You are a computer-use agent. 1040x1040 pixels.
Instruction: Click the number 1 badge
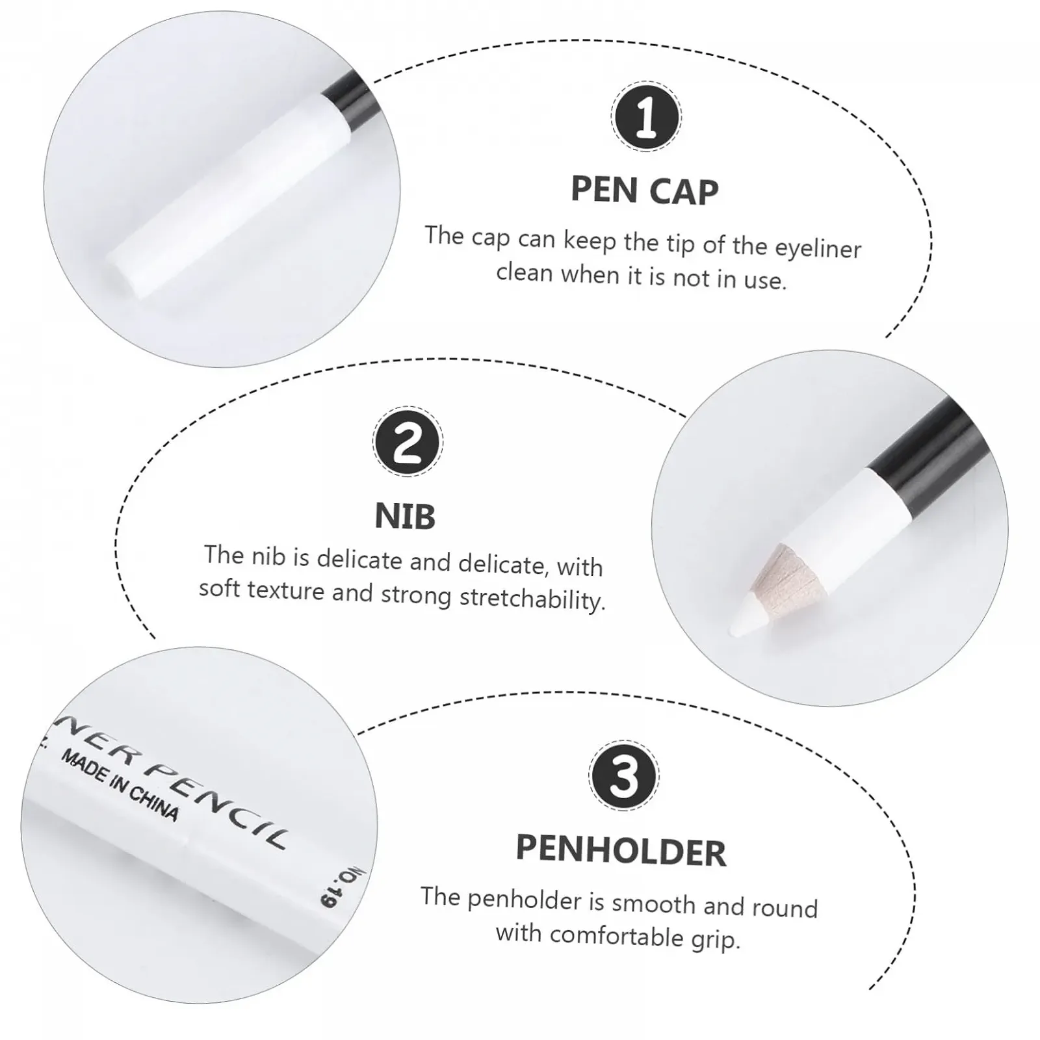pyautogui.click(x=645, y=117)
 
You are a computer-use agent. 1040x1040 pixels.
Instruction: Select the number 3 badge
pyautogui.click(x=624, y=776)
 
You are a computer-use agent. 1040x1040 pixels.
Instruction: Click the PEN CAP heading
pyautogui.click(x=645, y=190)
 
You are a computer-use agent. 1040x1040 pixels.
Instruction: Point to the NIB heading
pyautogui.click(x=405, y=516)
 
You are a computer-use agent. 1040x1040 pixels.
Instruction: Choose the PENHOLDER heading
pyautogui.click(x=621, y=851)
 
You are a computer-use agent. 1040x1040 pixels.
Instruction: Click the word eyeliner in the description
pyautogui.click(x=818, y=248)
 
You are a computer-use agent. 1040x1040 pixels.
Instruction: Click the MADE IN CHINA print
pyautogui.click(x=120, y=785)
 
